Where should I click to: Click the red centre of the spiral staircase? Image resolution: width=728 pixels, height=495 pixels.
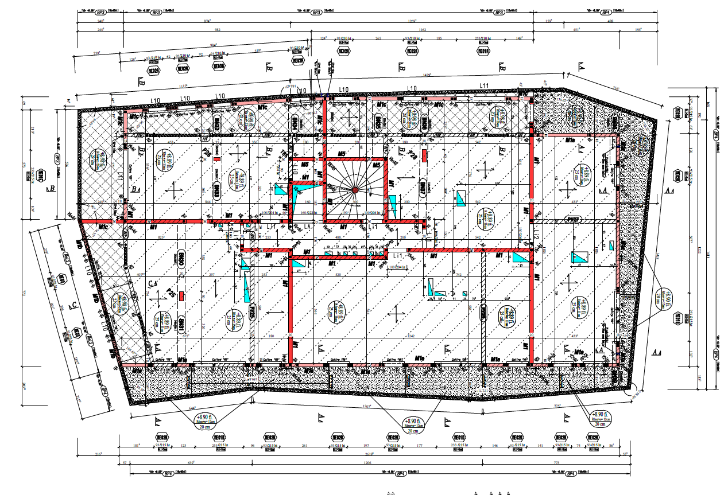(355, 190)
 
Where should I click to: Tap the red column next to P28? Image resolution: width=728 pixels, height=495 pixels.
(424, 155)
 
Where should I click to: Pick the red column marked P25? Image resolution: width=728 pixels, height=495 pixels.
(181, 296)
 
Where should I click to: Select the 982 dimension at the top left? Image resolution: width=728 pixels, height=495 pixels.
(217, 29)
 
